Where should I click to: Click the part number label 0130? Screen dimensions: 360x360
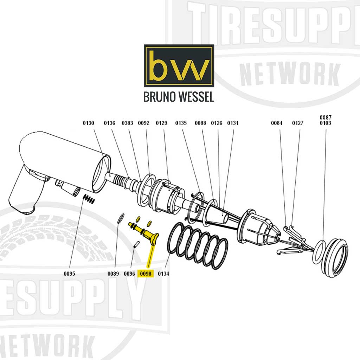[88, 123]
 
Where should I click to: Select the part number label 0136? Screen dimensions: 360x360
[109, 123]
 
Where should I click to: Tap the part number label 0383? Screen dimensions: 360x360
[127, 123]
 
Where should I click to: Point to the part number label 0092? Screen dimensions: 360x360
[143, 123]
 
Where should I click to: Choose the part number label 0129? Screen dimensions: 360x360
[161, 123]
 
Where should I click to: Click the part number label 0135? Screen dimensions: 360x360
[181, 123]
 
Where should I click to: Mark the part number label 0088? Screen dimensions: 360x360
[200, 123]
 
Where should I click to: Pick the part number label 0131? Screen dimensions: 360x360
[233, 123]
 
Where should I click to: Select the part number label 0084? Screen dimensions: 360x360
[277, 123]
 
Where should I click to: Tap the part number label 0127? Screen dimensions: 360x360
[298, 123]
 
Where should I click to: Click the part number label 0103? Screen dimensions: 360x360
[325, 123]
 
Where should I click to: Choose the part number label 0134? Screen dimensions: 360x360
[163, 274]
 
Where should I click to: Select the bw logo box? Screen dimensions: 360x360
[179, 66]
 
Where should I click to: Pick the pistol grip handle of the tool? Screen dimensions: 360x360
[25, 193]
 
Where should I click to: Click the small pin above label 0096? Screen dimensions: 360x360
[136, 244]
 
